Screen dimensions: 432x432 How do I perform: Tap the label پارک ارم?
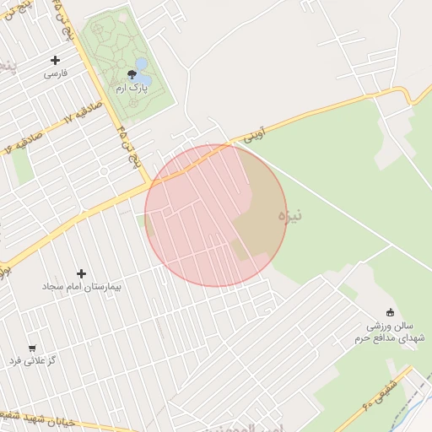click(x=132, y=88)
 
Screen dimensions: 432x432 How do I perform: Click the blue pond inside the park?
click(x=142, y=64)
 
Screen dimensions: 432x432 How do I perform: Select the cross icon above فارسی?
click(x=56, y=60)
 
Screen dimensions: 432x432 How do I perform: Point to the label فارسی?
click(x=56, y=73)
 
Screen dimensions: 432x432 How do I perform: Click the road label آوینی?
click(x=254, y=133)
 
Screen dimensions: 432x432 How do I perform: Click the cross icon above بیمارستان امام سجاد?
click(x=82, y=273)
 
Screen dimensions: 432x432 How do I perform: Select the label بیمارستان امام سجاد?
click(x=83, y=287)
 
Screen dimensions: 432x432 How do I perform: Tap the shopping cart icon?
click(x=32, y=348)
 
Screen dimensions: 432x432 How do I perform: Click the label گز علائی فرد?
click(x=32, y=361)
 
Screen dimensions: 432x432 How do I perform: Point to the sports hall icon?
click(x=390, y=312)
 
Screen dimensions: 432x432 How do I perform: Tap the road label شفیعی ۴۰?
click(x=372, y=391)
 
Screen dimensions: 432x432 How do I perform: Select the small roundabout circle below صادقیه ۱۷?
click(x=104, y=171)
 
